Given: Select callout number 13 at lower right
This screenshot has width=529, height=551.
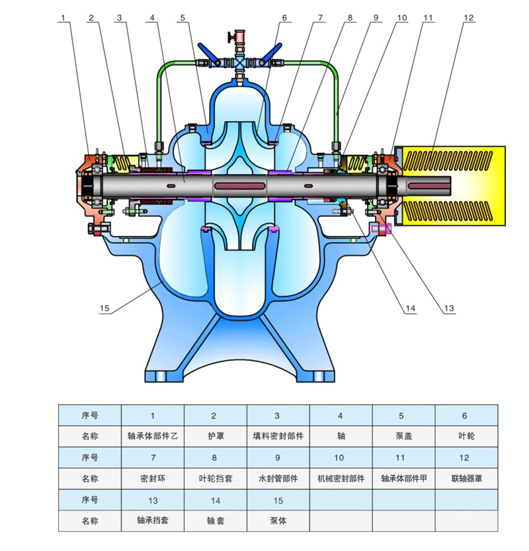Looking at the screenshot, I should tap(450, 308).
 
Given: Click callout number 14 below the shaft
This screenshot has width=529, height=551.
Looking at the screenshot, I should tap(411, 308).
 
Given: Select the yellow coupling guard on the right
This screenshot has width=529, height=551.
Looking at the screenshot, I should tap(450, 182).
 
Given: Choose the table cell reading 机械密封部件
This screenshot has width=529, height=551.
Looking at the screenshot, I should tap(341, 478).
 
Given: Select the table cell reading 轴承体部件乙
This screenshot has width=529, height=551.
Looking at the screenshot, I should tap(153, 437).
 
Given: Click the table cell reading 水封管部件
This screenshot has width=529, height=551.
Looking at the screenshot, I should tap(278, 478).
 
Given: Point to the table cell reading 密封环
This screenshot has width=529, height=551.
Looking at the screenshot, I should tap(153, 478).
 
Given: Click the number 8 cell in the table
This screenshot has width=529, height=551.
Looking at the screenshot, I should tap(215, 458).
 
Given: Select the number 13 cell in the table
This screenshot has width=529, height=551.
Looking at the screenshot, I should tap(153, 500).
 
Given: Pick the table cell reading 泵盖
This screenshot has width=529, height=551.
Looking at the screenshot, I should tap(402, 437).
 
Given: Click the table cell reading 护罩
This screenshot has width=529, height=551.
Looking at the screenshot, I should tap(215, 437).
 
